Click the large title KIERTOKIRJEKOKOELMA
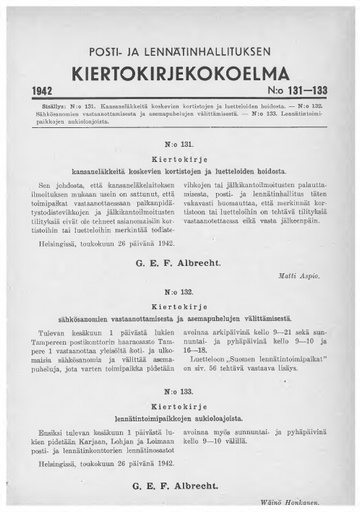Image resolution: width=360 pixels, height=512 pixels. pos(180,76)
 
